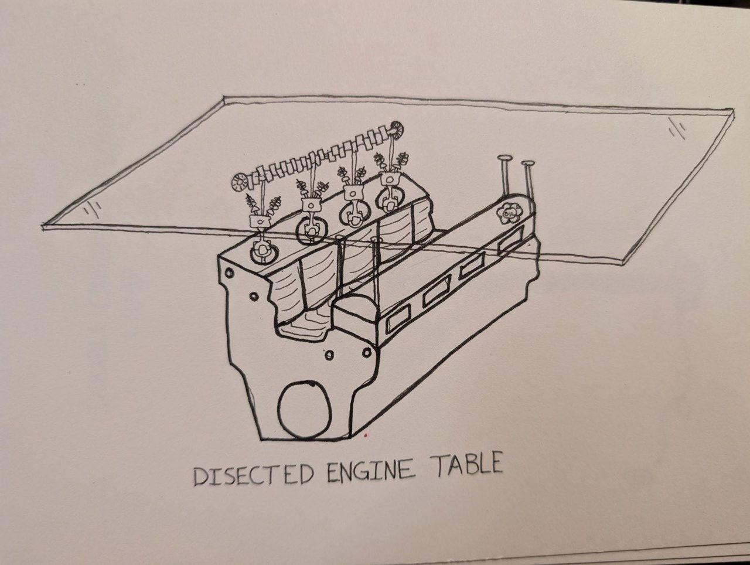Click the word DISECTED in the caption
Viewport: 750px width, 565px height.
tap(254, 474)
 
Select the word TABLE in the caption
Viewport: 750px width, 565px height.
tap(468, 464)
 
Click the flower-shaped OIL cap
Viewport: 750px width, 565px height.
tap(509, 213)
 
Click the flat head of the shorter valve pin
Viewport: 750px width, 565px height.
tap(528, 164)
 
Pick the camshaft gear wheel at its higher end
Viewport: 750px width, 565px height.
tap(396, 130)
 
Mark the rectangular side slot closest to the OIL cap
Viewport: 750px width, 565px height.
tap(510, 240)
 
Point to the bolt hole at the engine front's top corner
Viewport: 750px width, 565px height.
tap(230, 273)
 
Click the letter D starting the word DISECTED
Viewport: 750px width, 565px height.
tap(201, 476)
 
